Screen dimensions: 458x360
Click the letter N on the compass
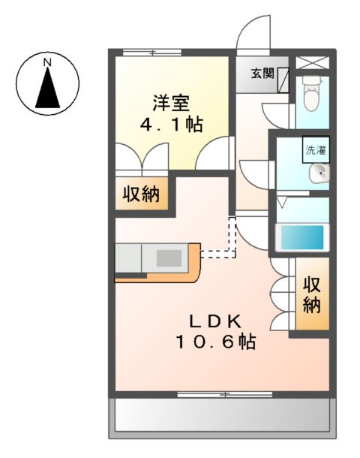click(47, 60)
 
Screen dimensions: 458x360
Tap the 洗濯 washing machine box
click(315, 149)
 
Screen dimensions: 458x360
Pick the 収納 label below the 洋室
click(142, 194)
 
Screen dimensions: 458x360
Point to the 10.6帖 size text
click(215, 342)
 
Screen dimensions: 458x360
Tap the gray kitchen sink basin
click(169, 258)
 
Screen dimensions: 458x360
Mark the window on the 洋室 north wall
click(152, 52)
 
